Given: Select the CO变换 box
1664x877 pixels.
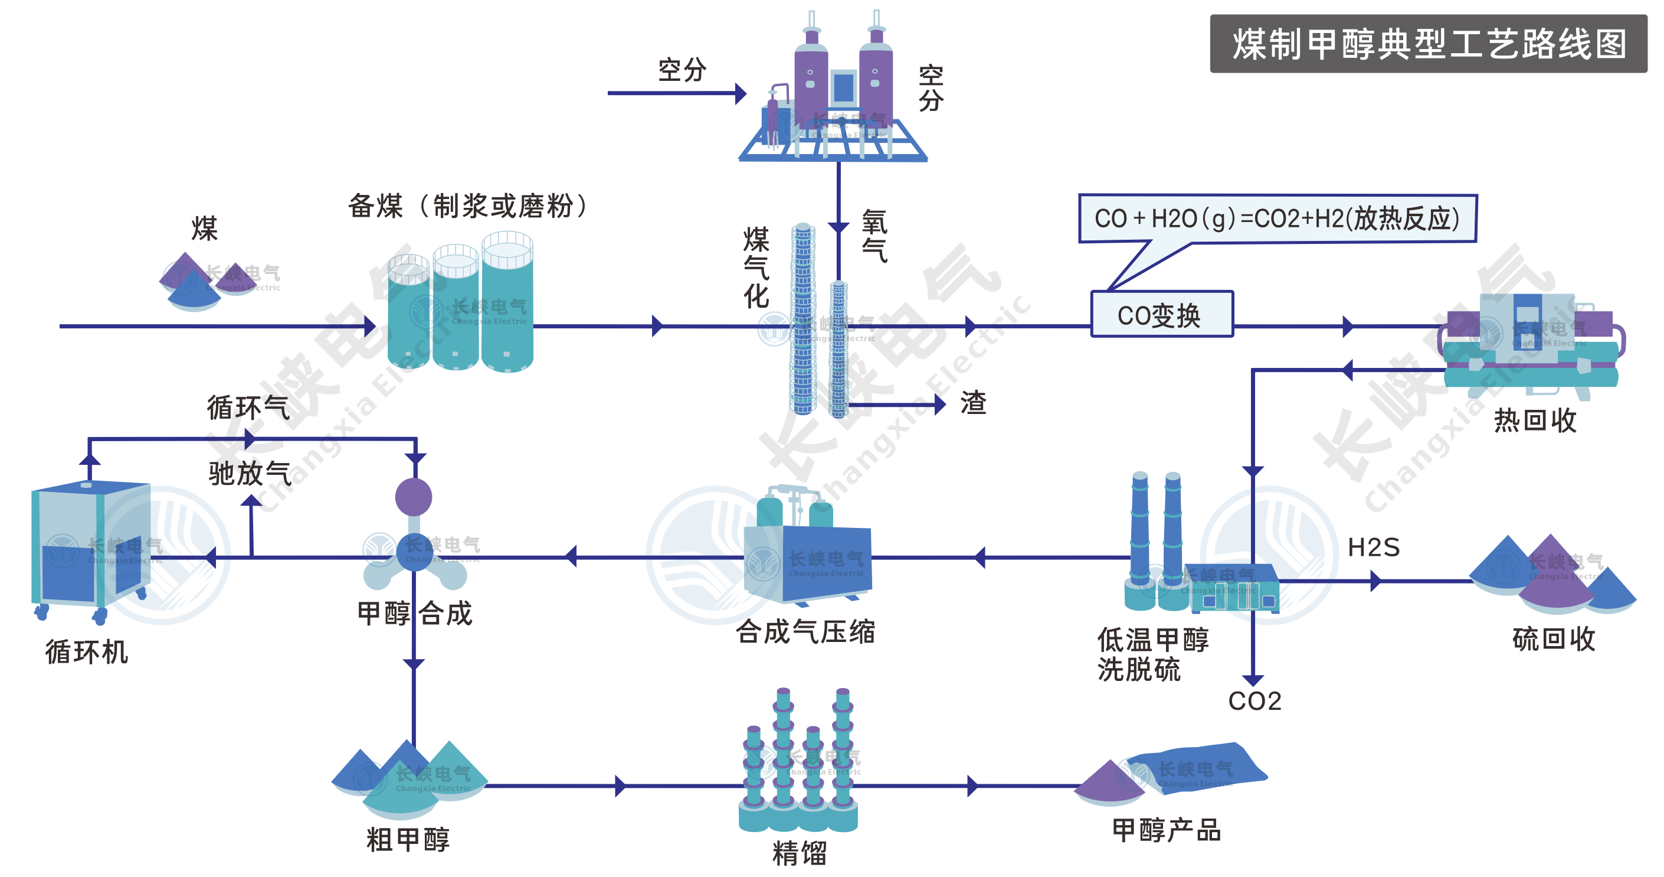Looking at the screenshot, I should click(x=1161, y=315).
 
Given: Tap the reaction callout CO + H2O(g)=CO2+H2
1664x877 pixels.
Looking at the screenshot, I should click(x=1277, y=219).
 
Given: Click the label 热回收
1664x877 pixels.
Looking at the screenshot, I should click(x=1535, y=420).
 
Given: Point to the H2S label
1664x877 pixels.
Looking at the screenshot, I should click(x=1373, y=547).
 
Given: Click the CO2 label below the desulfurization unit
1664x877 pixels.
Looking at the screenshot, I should click(x=1254, y=701).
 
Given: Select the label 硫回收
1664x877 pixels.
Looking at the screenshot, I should click(x=1554, y=639).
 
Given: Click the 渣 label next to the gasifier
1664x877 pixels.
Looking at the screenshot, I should click(x=973, y=403).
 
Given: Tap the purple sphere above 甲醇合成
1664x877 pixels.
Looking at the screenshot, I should click(x=414, y=497).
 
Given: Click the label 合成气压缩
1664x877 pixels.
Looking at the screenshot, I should click(x=805, y=631).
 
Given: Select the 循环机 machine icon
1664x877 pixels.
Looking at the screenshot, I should click(x=90, y=549).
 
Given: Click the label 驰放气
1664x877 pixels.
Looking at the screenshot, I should click(x=250, y=474).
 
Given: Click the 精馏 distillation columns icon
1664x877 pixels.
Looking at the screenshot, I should click(x=798, y=762).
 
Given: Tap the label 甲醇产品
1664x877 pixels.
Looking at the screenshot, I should click(x=1167, y=830).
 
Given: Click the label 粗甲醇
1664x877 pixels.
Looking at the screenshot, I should click(x=408, y=840).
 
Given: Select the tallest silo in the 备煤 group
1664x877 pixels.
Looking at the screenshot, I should click(x=507, y=304).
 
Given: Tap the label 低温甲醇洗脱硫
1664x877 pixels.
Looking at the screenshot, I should click(x=1151, y=654).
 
